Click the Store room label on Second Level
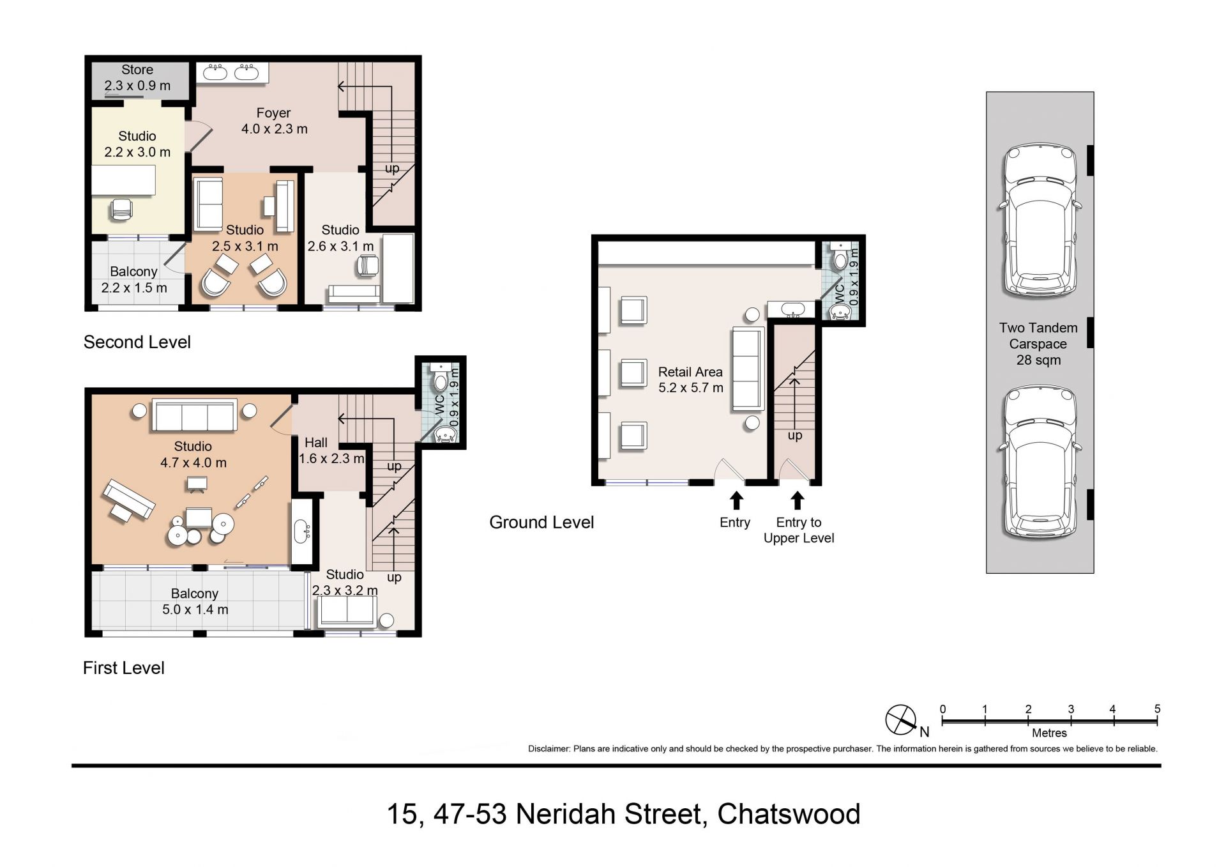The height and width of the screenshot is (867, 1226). click(137, 77)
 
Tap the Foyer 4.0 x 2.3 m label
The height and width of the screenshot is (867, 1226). click(274, 121)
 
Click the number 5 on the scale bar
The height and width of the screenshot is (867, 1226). click(1157, 709)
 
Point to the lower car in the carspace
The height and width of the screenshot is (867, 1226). click(1040, 463)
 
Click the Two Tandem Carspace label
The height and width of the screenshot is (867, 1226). click(1038, 344)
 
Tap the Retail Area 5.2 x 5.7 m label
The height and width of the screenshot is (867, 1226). click(690, 380)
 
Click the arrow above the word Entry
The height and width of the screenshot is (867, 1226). click(736, 500)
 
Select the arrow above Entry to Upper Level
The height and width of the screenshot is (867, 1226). click(797, 500)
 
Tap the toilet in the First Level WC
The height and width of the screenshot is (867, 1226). click(441, 378)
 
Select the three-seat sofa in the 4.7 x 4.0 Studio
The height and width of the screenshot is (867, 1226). click(194, 416)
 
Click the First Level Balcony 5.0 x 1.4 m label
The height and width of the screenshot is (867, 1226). click(195, 601)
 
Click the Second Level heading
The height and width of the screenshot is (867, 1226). click(137, 342)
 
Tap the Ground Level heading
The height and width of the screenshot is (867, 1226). click(541, 523)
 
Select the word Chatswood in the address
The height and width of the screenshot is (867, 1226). click(789, 814)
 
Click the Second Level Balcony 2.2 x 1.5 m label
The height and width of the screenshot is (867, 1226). click(134, 279)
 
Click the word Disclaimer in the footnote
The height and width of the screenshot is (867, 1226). click(549, 749)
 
